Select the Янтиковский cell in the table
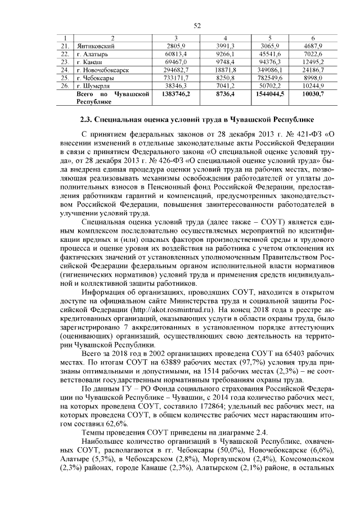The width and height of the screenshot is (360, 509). pos(95,46)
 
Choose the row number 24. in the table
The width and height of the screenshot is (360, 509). pos(65,70)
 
